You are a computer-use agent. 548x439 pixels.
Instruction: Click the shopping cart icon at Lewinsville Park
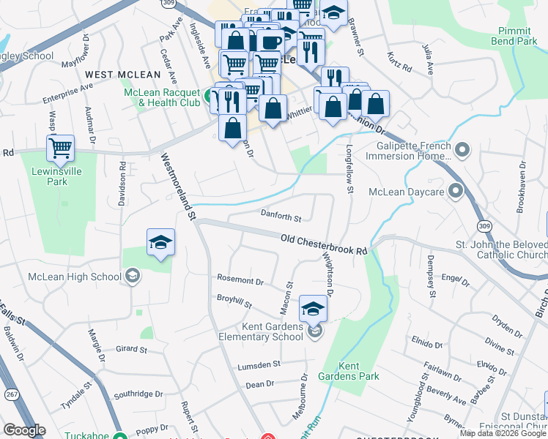60,149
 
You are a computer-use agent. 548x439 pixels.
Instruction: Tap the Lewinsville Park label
60,176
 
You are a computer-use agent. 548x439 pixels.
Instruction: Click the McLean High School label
74,277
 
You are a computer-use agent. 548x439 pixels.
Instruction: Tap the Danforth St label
281,217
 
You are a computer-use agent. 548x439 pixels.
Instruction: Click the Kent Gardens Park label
359,371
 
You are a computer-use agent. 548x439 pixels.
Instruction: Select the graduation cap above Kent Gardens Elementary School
313,309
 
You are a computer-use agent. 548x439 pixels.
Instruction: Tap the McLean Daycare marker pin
456,192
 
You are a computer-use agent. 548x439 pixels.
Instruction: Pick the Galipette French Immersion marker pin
462,151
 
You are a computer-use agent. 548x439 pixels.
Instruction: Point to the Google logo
23,430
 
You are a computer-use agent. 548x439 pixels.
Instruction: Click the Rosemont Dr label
240,280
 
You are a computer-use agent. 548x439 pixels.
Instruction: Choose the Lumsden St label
258,364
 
